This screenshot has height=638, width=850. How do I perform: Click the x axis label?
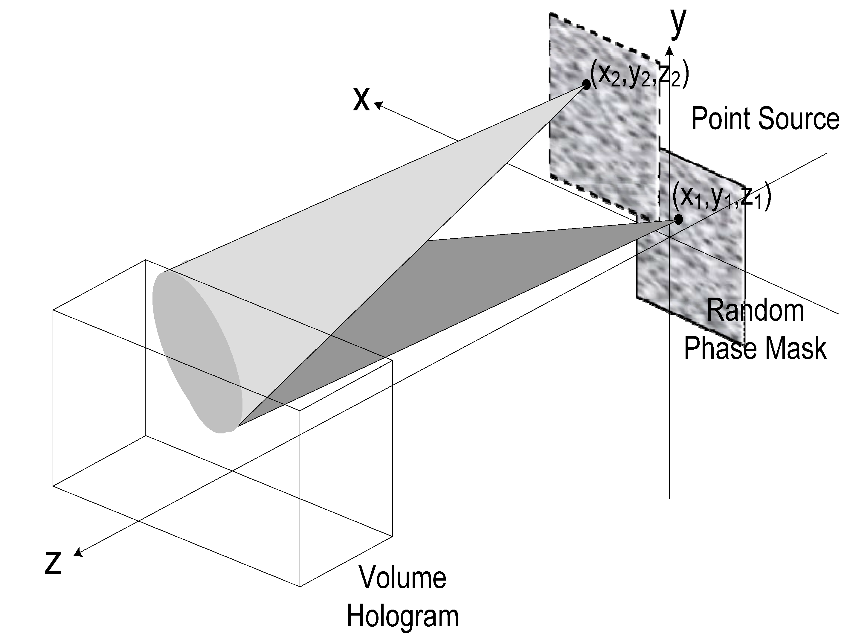pos(361,99)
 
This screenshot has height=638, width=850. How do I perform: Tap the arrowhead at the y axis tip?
pos(669,50)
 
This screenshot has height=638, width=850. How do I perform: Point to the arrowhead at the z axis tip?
pos(78,553)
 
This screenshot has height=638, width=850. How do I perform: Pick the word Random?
pos(755,310)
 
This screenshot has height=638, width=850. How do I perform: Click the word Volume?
pos(402,577)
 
